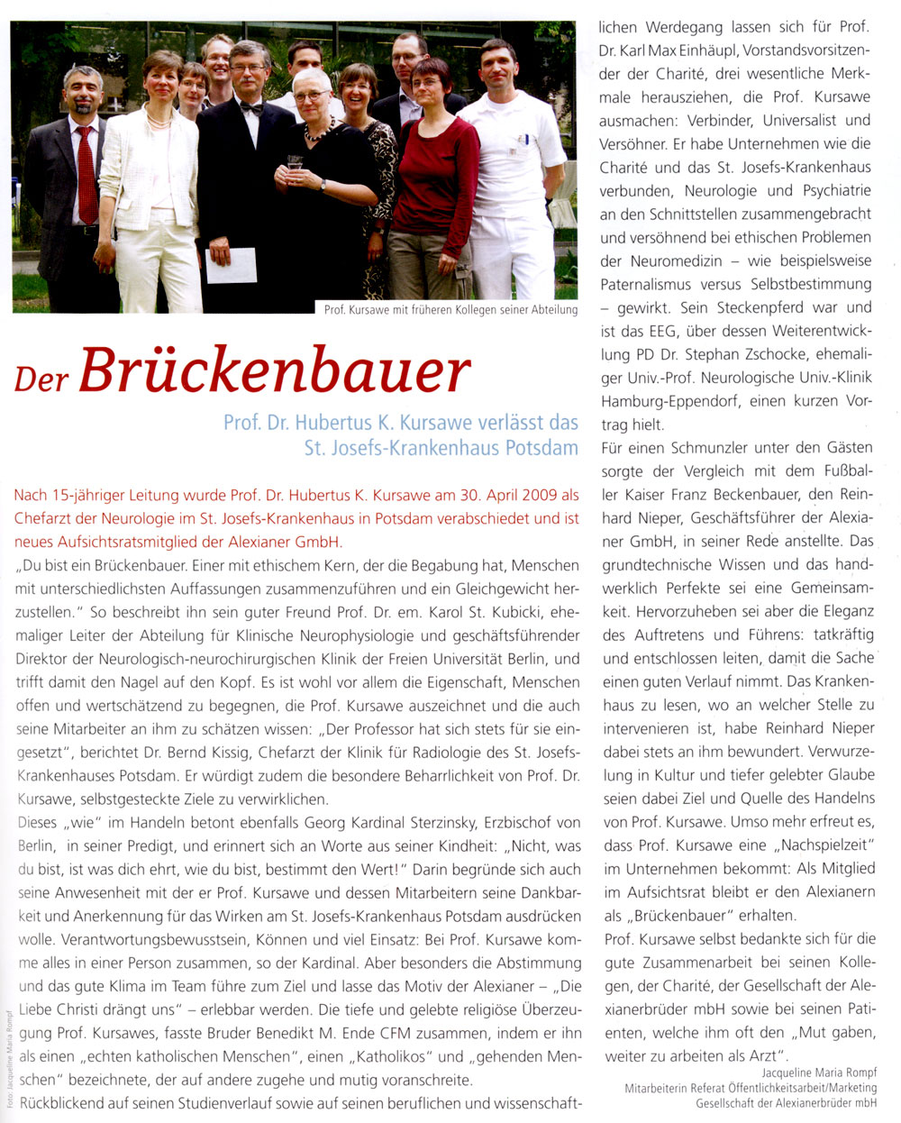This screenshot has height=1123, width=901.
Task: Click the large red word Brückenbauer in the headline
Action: (276, 370)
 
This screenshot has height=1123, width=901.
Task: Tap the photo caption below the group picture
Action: (450, 310)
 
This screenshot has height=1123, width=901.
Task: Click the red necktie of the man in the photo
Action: (86, 175)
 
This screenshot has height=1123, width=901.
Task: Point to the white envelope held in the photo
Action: (232, 265)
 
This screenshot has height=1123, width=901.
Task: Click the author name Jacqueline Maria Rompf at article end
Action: (818, 1073)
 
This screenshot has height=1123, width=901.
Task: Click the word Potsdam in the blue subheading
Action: (542, 447)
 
